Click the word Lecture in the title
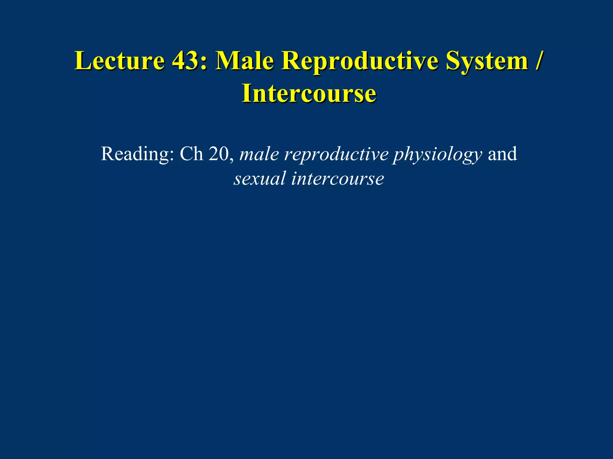click(120, 61)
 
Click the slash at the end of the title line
click(538, 61)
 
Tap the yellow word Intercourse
click(309, 94)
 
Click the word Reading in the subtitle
click(135, 154)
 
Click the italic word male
click(259, 154)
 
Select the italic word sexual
click(260, 179)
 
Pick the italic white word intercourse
click(338, 179)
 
